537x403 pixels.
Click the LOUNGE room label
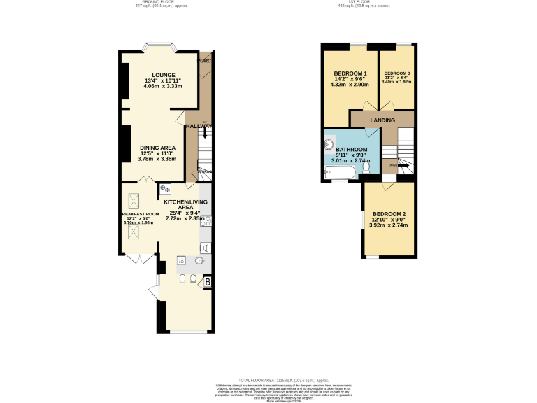pyautogui.click(x=165, y=75)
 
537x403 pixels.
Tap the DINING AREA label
pyautogui.click(x=157, y=148)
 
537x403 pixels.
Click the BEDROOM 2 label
pyautogui.click(x=388, y=214)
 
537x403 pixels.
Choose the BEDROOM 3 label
pyautogui.click(x=397, y=73)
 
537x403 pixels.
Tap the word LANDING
pyautogui.click(x=382, y=120)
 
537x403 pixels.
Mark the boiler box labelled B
pyautogui.click(x=208, y=282)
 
